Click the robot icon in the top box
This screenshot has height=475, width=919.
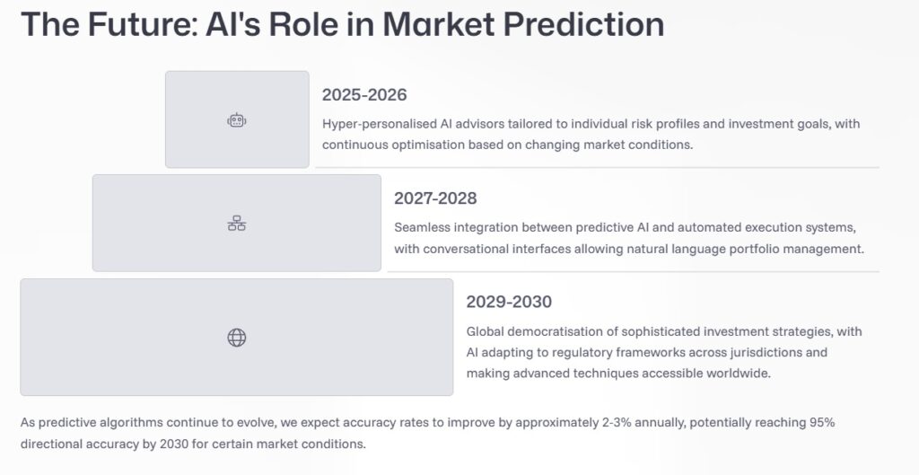tap(237, 119)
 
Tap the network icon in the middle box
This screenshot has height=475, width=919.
tap(237, 224)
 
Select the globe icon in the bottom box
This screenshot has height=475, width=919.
tap(237, 338)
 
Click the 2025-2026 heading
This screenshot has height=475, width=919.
tap(364, 95)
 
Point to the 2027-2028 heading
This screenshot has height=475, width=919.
tap(435, 198)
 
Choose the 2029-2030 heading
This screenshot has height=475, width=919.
tap(508, 302)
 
